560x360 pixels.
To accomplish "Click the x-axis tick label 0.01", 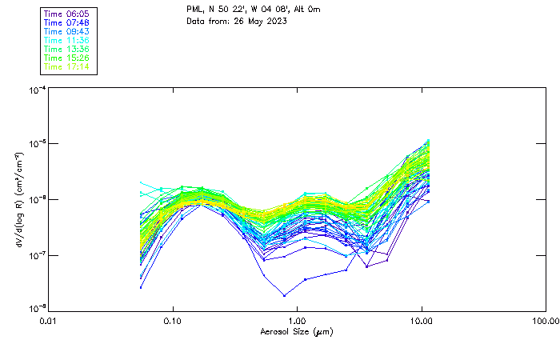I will pyautogui.click(x=49, y=320).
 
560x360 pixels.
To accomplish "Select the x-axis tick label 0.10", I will pyautogui.click(x=173, y=320).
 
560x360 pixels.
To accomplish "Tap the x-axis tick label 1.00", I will pyautogui.click(x=298, y=320).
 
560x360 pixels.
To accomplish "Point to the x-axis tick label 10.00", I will pyautogui.click(x=422, y=320).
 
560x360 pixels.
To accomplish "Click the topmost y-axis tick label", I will pyautogui.click(x=36, y=90).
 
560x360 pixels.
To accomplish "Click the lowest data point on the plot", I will pyautogui.click(x=284, y=296).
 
